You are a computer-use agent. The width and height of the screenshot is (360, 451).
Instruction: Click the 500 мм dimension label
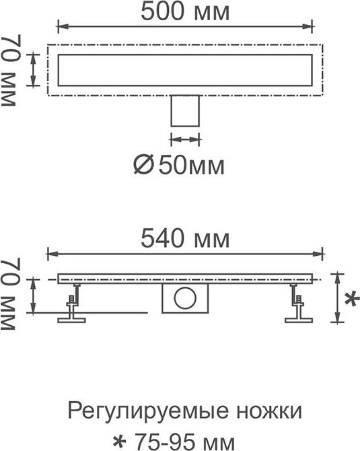click(185, 12)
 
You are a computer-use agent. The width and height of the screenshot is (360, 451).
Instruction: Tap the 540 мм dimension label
click(185, 238)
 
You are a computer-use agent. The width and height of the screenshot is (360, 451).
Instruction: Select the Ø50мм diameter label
click(179, 166)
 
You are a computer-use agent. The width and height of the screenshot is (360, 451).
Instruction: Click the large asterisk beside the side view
click(351, 299)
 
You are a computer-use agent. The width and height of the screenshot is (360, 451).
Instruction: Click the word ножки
click(269, 411)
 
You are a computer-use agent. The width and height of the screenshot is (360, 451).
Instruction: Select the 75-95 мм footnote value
click(184, 442)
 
